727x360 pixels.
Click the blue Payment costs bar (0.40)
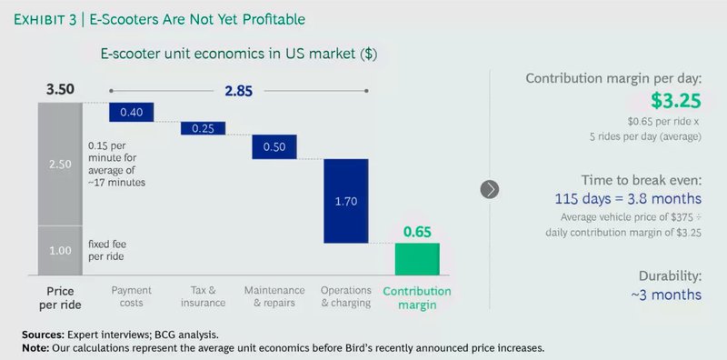tap(131, 112)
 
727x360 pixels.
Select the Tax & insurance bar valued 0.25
tap(203, 128)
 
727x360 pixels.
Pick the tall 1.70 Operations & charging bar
tap(345, 201)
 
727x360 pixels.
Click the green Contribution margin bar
tap(417, 259)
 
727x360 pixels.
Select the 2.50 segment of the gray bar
tap(59, 163)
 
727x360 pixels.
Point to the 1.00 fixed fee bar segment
tap(59, 249)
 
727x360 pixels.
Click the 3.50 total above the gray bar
tap(59, 91)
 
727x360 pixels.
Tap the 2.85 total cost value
tap(239, 91)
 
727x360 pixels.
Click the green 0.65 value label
tap(417, 232)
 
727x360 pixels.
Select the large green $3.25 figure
tap(675, 100)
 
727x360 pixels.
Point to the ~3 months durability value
tap(668, 295)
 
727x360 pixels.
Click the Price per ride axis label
tap(59, 296)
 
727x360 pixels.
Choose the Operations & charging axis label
tap(345, 296)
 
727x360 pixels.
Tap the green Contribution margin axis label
tap(417, 297)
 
